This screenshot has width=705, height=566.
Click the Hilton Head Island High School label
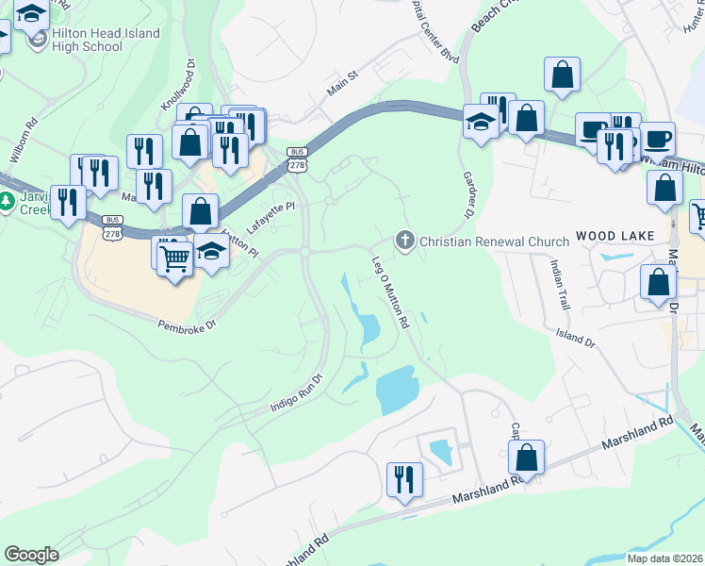click(106, 40)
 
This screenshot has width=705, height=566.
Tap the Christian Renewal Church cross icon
click(406, 241)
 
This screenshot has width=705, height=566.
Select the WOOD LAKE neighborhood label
click(609, 236)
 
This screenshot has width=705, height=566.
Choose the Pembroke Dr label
click(187, 324)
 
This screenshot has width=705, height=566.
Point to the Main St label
click(343, 83)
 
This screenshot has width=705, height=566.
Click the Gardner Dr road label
click(467, 194)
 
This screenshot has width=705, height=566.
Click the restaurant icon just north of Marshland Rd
click(404, 478)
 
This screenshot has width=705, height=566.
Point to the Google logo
click(31, 555)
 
